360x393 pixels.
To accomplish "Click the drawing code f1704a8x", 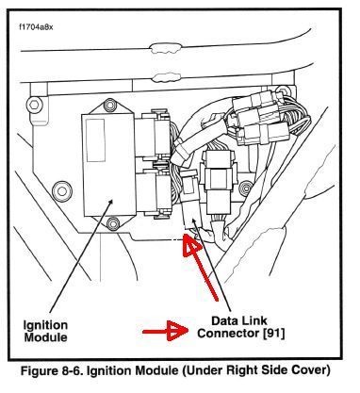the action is [x=36, y=27].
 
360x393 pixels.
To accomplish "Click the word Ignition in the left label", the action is [x=45, y=325].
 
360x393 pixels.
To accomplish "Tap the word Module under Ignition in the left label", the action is [x=45, y=337].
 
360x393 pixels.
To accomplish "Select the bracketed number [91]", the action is [x=273, y=333].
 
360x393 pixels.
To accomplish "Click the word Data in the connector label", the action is [x=224, y=320].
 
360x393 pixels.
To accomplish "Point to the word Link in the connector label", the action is [x=254, y=320].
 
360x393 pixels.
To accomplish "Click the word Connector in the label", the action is [x=228, y=333].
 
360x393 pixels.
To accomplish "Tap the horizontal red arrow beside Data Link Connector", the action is [x=166, y=331].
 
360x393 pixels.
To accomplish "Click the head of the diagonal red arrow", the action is [x=190, y=245].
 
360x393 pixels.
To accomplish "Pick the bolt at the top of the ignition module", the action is [x=109, y=105].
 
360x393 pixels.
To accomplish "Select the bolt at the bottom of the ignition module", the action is [x=112, y=223].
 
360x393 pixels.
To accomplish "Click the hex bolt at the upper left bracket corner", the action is [x=35, y=106].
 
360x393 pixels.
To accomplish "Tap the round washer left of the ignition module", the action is [x=62, y=191].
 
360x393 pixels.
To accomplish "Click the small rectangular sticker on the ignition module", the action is [x=95, y=140].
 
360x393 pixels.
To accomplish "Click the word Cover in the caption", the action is [x=312, y=370].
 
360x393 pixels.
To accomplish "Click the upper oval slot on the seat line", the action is [x=165, y=48].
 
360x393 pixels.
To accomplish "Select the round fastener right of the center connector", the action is [x=245, y=188].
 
